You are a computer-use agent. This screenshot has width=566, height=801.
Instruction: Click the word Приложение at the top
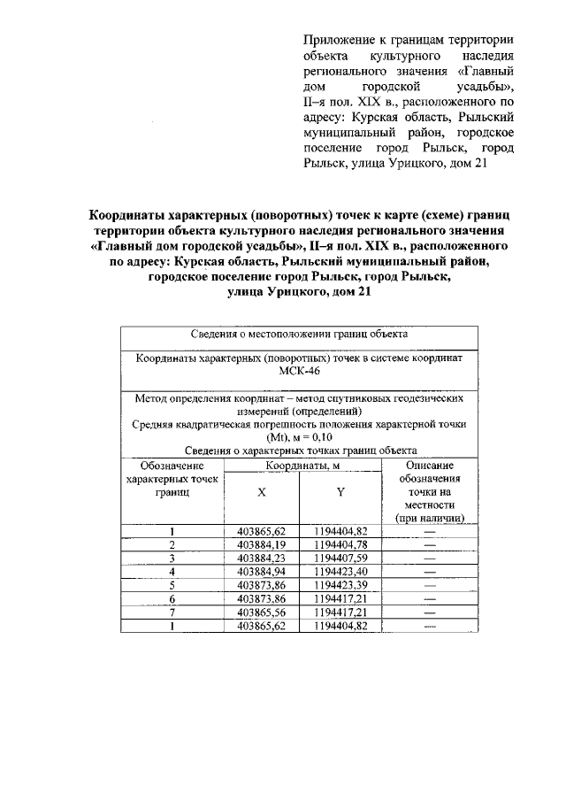340,41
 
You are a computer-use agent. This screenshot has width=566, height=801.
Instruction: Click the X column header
262,490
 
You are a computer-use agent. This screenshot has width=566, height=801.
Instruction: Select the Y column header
340,490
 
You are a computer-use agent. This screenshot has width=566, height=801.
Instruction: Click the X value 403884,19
262,544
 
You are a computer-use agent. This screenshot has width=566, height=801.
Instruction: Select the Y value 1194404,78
340,544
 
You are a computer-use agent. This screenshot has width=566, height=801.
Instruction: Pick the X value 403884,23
262,558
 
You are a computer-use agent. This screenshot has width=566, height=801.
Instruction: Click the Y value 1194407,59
340,558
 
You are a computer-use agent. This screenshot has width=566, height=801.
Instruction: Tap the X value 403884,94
262,573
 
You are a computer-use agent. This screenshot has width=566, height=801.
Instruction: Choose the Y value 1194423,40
340,573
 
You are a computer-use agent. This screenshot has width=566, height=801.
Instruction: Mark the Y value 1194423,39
340,586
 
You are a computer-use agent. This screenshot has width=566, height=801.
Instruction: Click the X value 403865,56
262,612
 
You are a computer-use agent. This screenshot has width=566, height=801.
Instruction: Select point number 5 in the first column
172,586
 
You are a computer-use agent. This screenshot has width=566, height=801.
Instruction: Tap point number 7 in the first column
172,612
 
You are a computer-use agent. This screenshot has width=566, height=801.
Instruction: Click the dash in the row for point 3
430,558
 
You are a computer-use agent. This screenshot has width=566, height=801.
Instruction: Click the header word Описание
430,465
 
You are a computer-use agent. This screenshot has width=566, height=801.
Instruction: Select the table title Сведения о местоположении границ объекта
299,335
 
